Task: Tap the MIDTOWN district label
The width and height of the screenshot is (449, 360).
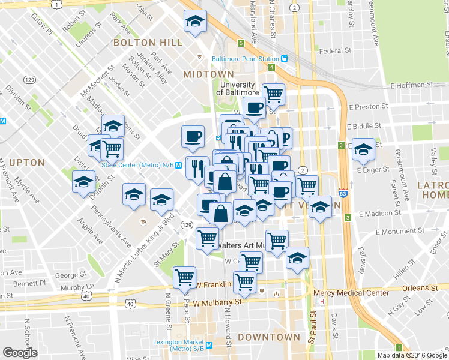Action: [208, 74]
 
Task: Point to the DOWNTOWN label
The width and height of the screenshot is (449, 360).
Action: [268, 337]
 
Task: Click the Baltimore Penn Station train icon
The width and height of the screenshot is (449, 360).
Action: [285, 59]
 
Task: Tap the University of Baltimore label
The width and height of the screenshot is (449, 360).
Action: [235, 89]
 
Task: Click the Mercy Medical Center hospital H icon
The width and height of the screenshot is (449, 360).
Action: [322, 301]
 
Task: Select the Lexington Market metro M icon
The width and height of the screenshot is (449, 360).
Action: [209, 346]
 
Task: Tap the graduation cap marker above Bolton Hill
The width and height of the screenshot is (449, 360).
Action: [195, 22]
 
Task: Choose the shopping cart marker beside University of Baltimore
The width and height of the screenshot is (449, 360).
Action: [273, 94]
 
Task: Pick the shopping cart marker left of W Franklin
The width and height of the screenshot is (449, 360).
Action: [184, 277]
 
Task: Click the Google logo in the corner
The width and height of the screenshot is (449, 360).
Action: [20, 353]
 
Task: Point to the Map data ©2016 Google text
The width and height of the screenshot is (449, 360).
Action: [412, 355]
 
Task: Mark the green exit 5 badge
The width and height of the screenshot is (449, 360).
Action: [241, 43]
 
